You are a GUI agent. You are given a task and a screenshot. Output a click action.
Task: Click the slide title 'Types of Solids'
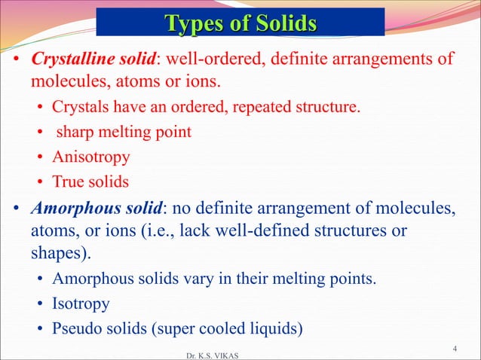pyautogui.click(x=240, y=23)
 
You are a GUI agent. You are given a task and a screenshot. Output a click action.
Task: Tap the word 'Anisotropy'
pyautogui.click(x=90, y=157)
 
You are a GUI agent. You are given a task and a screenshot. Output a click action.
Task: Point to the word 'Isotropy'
pyautogui.click(x=81, y=304)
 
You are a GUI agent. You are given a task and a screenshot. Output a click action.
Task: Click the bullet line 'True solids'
pyautogui.click(x=90, y=182)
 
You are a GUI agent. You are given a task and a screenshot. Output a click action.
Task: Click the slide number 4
pyautogui.click(x=455, y=348)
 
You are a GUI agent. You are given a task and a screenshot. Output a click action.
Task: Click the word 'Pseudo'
pyautogui.click(x=76, y=329)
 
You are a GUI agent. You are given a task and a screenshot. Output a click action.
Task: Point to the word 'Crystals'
pyautogui.click(x=78, y=108)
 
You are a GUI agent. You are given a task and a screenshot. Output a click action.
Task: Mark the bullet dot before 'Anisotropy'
pyautogui.click(x=41, y=158)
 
